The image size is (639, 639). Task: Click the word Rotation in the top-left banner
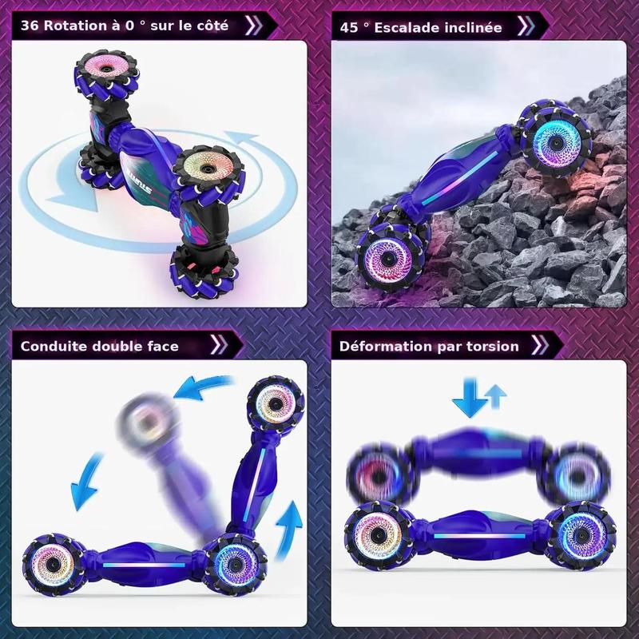tap(75, 26)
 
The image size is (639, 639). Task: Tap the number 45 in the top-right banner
tap(348, 28)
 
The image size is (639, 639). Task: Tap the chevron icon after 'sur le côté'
tap(253, 26)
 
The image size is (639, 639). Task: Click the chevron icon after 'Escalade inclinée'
tap(526, 26)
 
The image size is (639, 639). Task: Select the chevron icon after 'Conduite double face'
tap(219, 345)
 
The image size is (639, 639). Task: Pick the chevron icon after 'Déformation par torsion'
tap(540, 345)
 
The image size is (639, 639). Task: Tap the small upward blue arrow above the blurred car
tap(495, 396)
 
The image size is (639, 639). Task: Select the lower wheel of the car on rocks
tap(387, 257)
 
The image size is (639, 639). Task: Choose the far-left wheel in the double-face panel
tap(53, 565)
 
